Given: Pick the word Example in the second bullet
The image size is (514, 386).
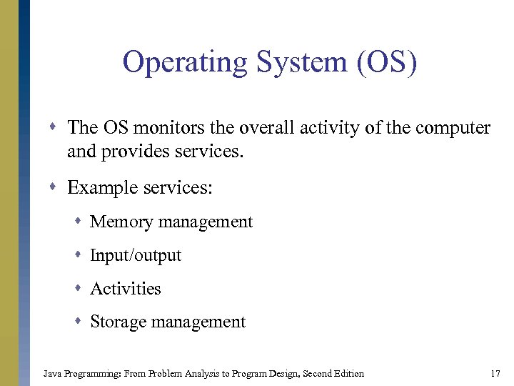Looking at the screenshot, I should click(x=99, y=187).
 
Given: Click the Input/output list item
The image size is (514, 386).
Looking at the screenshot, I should click(x=136, y=255).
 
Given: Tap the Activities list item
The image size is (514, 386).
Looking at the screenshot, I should click(x=126, y=288).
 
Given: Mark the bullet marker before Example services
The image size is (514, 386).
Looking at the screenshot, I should click(x=55, y=188).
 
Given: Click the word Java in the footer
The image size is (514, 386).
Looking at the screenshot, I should click(x=52, y=373).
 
